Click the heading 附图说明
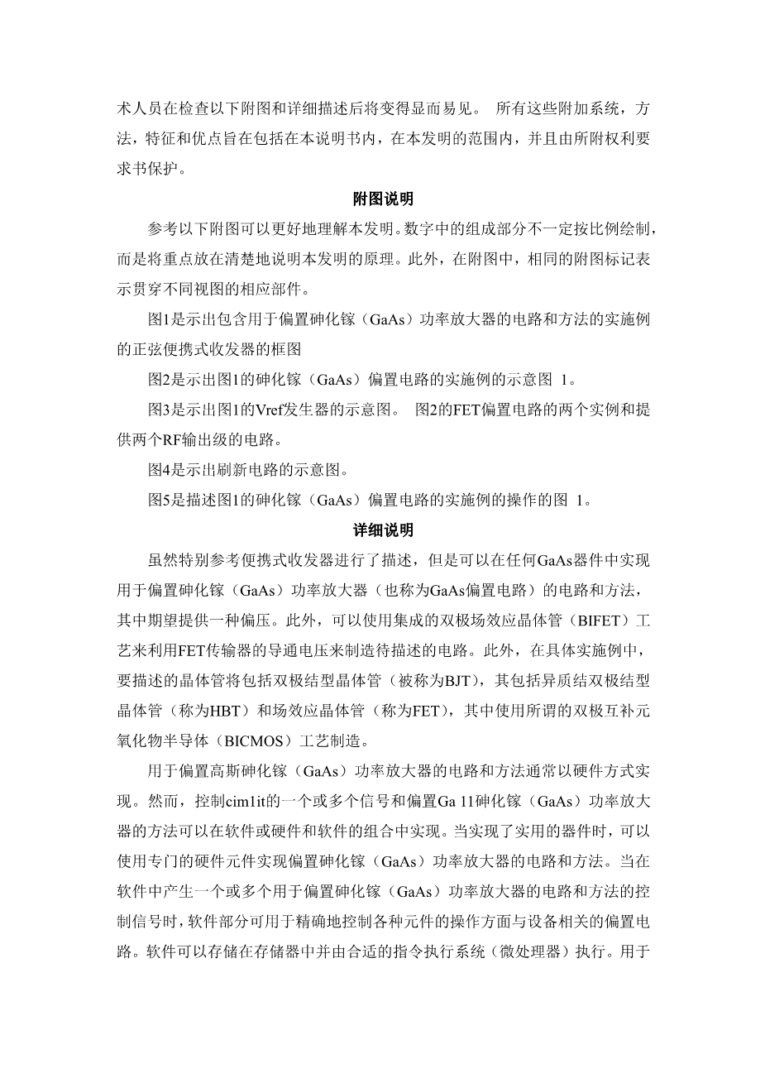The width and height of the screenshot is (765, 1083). (383, 199)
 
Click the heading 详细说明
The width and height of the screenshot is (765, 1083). (383, 530)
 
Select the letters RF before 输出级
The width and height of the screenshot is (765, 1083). (171, 440)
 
